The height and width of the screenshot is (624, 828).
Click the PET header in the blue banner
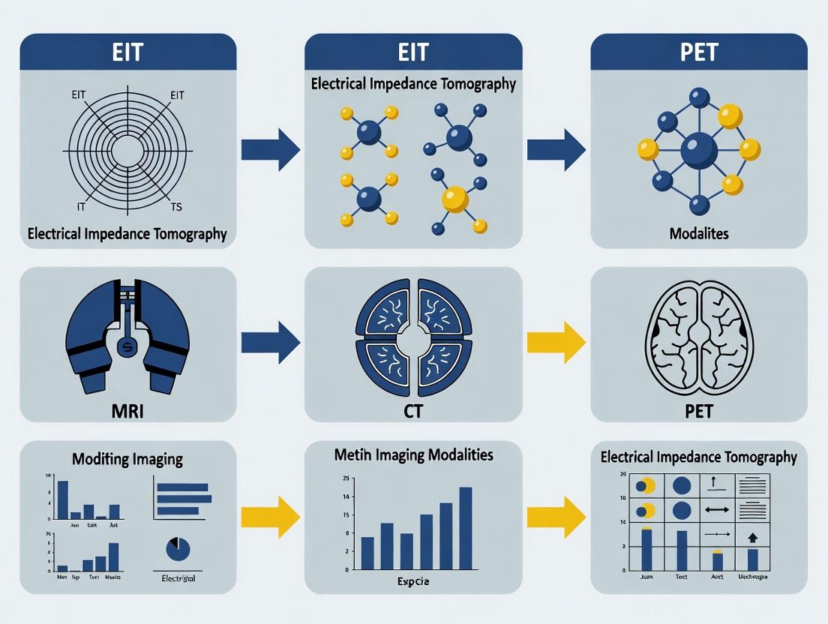[x=699, y=52]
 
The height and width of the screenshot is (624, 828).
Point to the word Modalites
[x=699, y=234]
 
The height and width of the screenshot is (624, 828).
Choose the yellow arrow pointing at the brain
[x=556, y=343]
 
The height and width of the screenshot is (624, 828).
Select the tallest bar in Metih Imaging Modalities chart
[x=465, y=528]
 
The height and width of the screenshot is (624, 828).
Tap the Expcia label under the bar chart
[x=413, y=582]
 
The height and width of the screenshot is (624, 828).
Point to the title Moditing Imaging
[x=127, y=458]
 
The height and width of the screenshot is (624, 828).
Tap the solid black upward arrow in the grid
[x=753, y=537]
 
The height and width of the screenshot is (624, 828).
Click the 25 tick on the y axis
[x=346, y=478]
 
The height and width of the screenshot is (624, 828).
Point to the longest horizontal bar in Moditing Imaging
[x=184, y=499]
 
